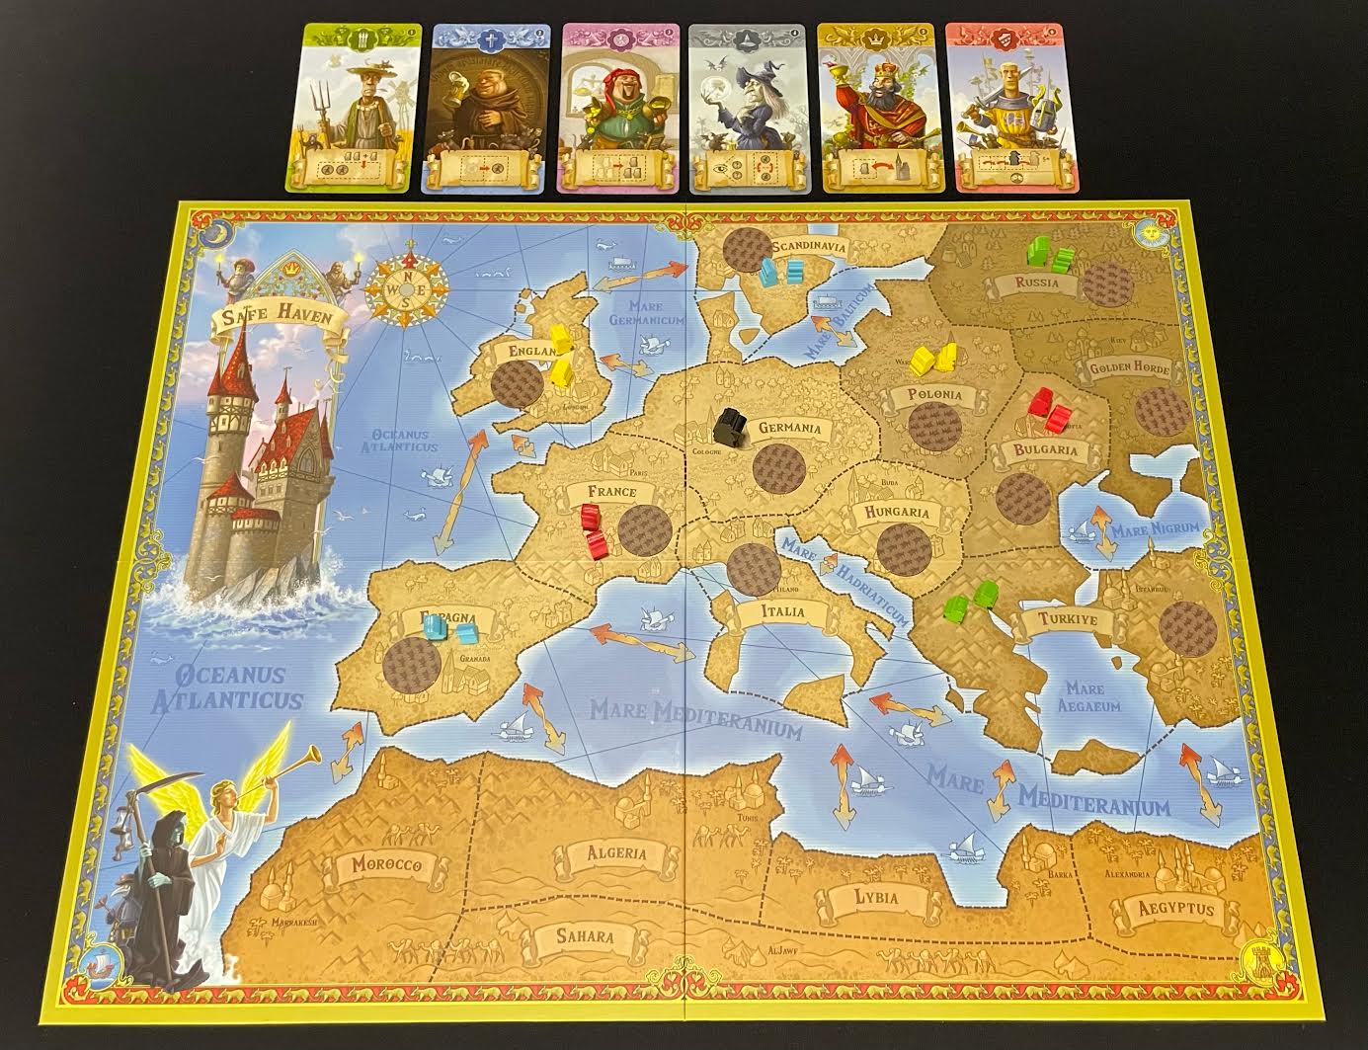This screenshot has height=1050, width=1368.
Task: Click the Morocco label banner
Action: click(x=386, y=864)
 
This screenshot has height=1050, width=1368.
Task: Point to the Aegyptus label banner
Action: click(x=1174, y=910)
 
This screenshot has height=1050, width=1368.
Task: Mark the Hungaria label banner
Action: click(x=897, y=512)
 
